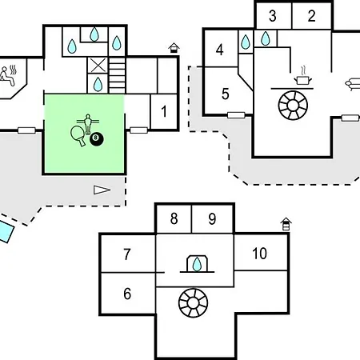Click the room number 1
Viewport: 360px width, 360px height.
pyautogui.click(x=164, y=111)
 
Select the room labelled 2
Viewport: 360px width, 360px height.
pyautogui.click(x=311, y=16)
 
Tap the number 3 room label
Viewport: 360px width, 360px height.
pyautogui.click(x=272, y=16)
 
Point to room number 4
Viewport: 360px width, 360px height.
pyautogui.click(x=219, y=50)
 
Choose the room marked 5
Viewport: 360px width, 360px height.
pyautogui.click(x=226, y=94)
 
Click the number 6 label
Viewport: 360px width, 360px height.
pyautogui.click(x=127, y=294)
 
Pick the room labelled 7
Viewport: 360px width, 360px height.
pyautogui.click(x=127, y=254)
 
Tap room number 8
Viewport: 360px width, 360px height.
pyautogui.click(x=174, y=218)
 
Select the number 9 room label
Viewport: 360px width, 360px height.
pyautogui.click(x=212, y=219)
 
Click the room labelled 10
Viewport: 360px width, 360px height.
pyautogui.click(x=259, y=254)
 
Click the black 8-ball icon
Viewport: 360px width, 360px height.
pyautogui.click(x=97, y=139)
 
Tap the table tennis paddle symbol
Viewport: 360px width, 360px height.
pyautogui.click(x=78, y=135)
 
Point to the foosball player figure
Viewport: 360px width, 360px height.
pyautogui.click(x=88, y=123)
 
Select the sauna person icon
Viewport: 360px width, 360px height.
pyautogui.click(x=8, y=76)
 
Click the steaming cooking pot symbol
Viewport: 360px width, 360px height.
pyautogui.click(x=302, y=76)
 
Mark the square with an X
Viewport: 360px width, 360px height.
pyautogui.click(x=97, y=66)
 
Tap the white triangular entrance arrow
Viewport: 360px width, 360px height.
pyautogui.click(x=102, y=190)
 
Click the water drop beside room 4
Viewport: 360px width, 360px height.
pyautogui.click(x=246, y=42)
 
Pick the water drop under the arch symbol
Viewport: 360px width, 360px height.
pyautogui.click(x=197, y=264)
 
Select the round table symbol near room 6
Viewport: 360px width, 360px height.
pyautogui.click(x=193, y=303)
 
